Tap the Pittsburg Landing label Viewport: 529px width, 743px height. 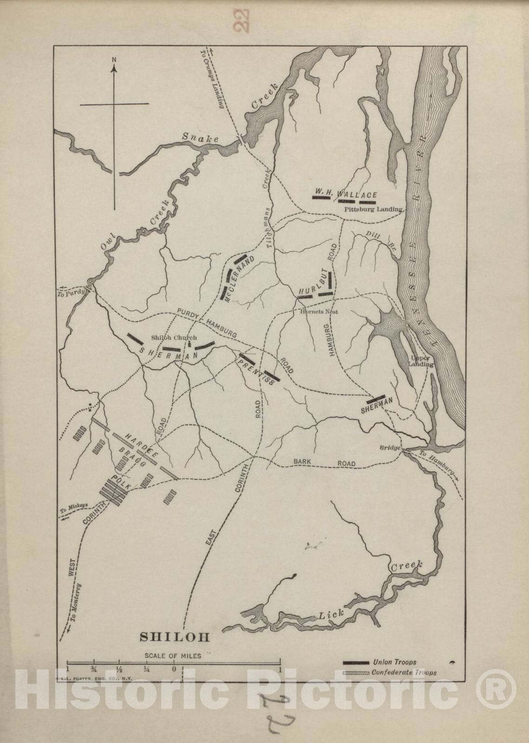tap(373, 209)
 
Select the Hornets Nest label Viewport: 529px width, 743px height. tap(319, 311)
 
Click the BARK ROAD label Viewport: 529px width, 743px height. tap(324, 463)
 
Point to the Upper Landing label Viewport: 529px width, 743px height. tap(422, 361)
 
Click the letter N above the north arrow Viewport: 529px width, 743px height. tap(114, 60)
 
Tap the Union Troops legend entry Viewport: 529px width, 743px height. tap(394, 662)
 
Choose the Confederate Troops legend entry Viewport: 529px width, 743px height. tap(404, 672)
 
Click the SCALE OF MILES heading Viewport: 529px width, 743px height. tap(173, 656)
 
